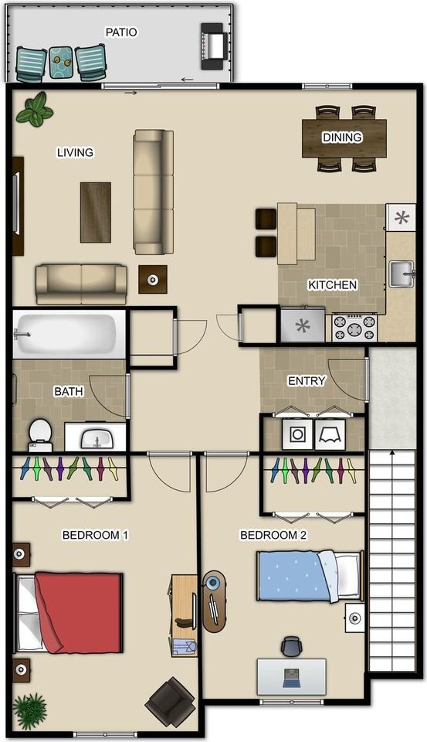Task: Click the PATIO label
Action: point(121,32)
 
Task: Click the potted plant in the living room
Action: point(34,110)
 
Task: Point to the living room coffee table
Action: point(96,212)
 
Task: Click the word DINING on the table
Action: point(342,138)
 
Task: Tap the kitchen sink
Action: point(401,274)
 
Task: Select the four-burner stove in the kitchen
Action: point(354,327)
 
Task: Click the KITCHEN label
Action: point(333,285)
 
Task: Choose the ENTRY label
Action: point(307,381)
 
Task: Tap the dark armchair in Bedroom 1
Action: point(171,700)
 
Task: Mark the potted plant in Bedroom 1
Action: point(30,708)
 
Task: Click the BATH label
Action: point(68,392)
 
